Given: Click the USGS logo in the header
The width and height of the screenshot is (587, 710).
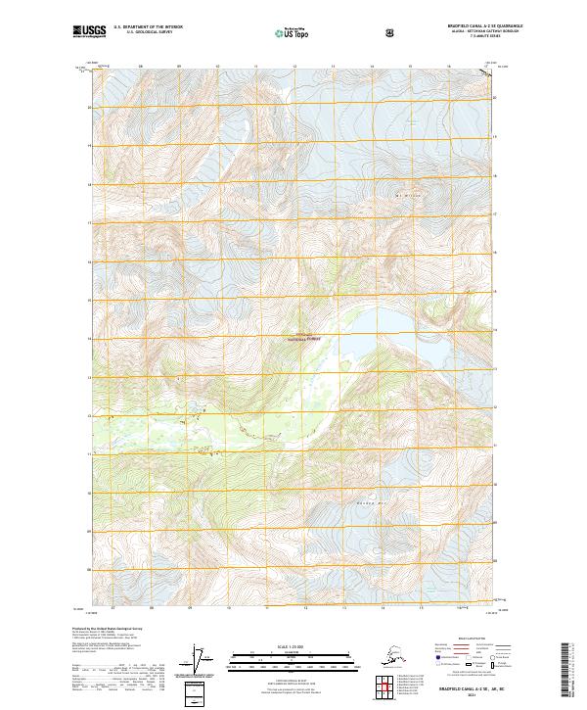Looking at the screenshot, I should click(89, 32).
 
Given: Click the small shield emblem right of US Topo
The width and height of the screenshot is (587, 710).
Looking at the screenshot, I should click(336, 32).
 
